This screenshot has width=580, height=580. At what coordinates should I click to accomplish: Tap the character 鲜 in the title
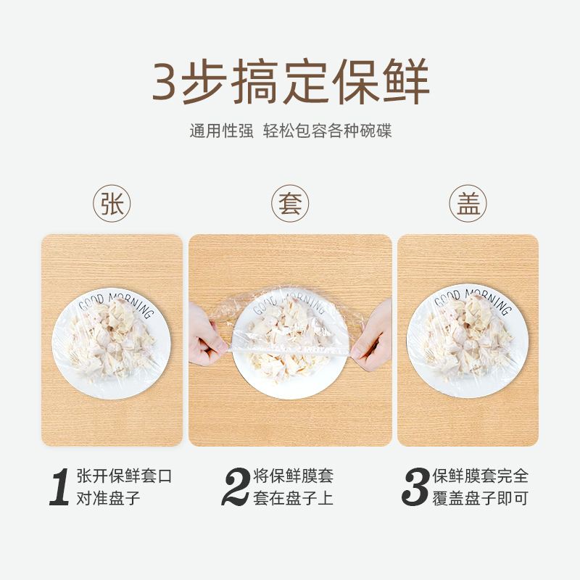point(406,82)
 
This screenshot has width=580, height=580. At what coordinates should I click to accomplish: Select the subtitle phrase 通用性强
point(221,131)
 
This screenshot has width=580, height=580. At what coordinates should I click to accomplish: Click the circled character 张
point(112,204)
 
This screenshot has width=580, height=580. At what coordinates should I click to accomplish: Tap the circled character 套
point(290,204)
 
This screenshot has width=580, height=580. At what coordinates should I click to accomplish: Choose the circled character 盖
point(468,204)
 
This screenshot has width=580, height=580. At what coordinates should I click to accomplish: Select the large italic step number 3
point(415,487)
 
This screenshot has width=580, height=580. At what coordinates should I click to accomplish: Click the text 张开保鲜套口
point(125,476)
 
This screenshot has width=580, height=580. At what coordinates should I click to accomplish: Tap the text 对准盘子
point(108,499)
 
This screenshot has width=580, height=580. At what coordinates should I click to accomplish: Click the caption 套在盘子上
point(293,499)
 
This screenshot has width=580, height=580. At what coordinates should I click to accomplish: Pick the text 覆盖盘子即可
point(480,499)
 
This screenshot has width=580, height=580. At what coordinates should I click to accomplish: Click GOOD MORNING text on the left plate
point(116,302)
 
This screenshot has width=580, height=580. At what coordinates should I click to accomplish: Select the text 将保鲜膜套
point(293,476)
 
